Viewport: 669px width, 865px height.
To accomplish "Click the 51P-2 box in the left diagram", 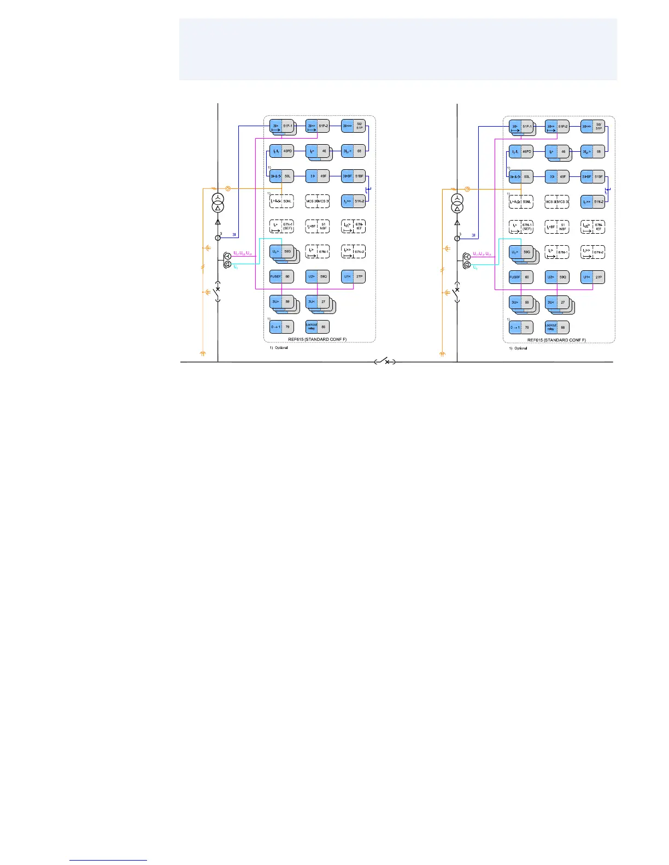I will point(318,126).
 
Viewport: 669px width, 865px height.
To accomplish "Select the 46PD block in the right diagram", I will point(520,151).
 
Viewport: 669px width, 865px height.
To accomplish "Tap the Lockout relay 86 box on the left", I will point(318,327).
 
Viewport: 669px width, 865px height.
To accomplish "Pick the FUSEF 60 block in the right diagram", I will point(520,277).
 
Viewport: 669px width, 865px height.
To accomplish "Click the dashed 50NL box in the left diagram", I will point(281,201).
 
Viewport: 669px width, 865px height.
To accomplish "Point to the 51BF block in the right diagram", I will point(592,176).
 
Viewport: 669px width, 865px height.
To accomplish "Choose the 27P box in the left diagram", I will point(353,277).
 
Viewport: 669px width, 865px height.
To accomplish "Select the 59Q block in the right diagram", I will point(557,277).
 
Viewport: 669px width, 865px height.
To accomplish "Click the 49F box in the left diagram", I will point(318,176).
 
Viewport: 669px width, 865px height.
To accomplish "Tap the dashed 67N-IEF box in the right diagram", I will point(592,226).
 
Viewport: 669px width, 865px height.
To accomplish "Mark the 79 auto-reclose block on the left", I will point(281,327).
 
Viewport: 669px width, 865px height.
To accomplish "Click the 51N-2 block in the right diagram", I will point(592,202).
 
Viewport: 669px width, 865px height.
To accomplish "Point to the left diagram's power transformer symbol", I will point(218,203).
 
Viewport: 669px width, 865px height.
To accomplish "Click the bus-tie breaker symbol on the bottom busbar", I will point(386,362).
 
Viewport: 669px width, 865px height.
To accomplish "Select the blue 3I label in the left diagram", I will point(234,235).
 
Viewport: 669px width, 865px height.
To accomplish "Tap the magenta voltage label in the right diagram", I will point(481,254).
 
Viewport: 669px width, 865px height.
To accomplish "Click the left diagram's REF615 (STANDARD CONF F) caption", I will point(317,340).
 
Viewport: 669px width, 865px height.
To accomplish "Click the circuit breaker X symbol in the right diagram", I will point(457,289).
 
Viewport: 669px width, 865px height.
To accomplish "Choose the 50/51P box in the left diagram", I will point(353,126).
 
